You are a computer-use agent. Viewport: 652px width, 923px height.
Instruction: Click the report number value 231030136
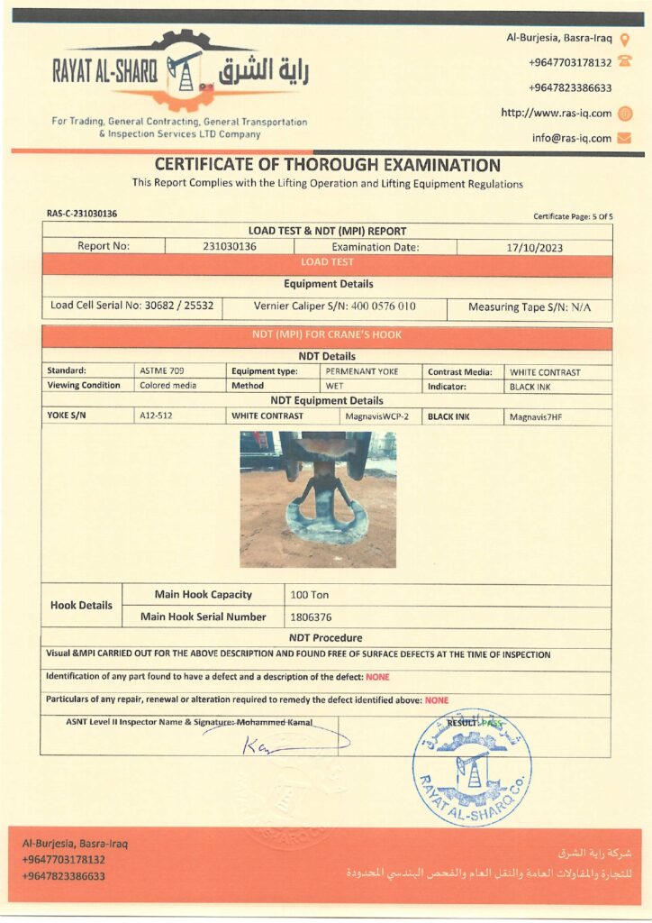pyautogui.click(x=230, y=246)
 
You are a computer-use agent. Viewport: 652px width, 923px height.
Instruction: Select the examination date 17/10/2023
pyautogui.click(x=534, y=247)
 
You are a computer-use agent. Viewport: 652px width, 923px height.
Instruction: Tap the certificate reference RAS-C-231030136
pyautogui.click(x=82, y=214)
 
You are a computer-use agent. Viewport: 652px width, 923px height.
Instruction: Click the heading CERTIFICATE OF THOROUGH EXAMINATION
pyautogui.click(x=327, y=165)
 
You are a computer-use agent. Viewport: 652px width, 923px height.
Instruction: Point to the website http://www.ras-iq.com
pyautogui.click(x=556, y=114)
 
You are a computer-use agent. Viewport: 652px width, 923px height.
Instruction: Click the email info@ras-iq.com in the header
pyautogui.click(x=571, y=139)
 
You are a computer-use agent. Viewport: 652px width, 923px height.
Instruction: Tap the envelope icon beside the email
pyautogui.click(x=624, y=139)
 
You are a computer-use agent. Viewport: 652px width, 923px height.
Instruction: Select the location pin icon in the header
pyautogui.click(x=624, y=39)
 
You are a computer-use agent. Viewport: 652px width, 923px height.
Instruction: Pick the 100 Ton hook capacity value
pyautogui.click(x=310, y=595)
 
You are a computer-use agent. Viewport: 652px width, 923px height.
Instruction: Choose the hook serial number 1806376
pyautogui.click(x=312, y=617)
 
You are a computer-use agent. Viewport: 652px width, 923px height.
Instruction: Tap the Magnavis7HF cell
pyautogui.click(x=534, y=416)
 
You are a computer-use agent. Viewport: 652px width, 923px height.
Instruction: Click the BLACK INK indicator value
pyautogui.click(x=530, y=386)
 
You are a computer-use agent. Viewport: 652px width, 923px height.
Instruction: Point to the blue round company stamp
pyautogui.click(x=471, y=767)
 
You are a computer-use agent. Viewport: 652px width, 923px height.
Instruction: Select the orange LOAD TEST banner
pyautogui.click(x=327, y=262)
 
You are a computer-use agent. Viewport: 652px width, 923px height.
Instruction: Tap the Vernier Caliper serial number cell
pyautogui.click(x=334, y=306)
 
